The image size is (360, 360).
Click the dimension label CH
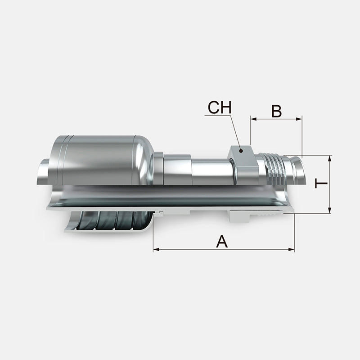click(220, 108)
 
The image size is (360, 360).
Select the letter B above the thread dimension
click(276, 111)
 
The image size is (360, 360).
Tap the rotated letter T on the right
click(321, 183)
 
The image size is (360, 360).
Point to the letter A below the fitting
click(222, 241)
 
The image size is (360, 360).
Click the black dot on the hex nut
click(241, 151)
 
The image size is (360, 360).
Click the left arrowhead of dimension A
click(156, 249)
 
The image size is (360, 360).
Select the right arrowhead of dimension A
click(291, 249)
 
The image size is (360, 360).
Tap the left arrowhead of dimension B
click(253, 119)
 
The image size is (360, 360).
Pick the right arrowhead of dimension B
click(299, 119)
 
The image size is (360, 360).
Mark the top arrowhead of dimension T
click(330, 159)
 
